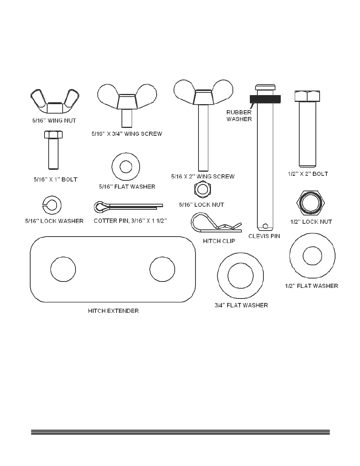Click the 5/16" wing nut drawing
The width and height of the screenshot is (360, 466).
coord(55,102)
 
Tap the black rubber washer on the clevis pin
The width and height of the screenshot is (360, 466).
coord(265,99)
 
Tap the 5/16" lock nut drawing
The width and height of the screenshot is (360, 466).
coord(203,189)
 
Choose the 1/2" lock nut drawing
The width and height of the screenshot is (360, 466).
coord(311,203)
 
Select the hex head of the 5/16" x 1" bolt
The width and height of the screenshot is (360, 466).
coord(54,135)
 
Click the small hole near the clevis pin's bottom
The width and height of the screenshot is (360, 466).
coord(266,226)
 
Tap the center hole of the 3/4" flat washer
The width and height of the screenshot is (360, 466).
coord(240,275)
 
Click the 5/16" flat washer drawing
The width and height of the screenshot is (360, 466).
coord(126,166)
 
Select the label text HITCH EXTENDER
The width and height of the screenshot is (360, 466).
coord(113,311)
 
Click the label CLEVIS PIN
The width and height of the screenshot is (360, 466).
coord(264,236)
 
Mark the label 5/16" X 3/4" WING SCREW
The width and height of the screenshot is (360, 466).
coord(127,134)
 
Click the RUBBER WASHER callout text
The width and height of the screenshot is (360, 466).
coord(239,116)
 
